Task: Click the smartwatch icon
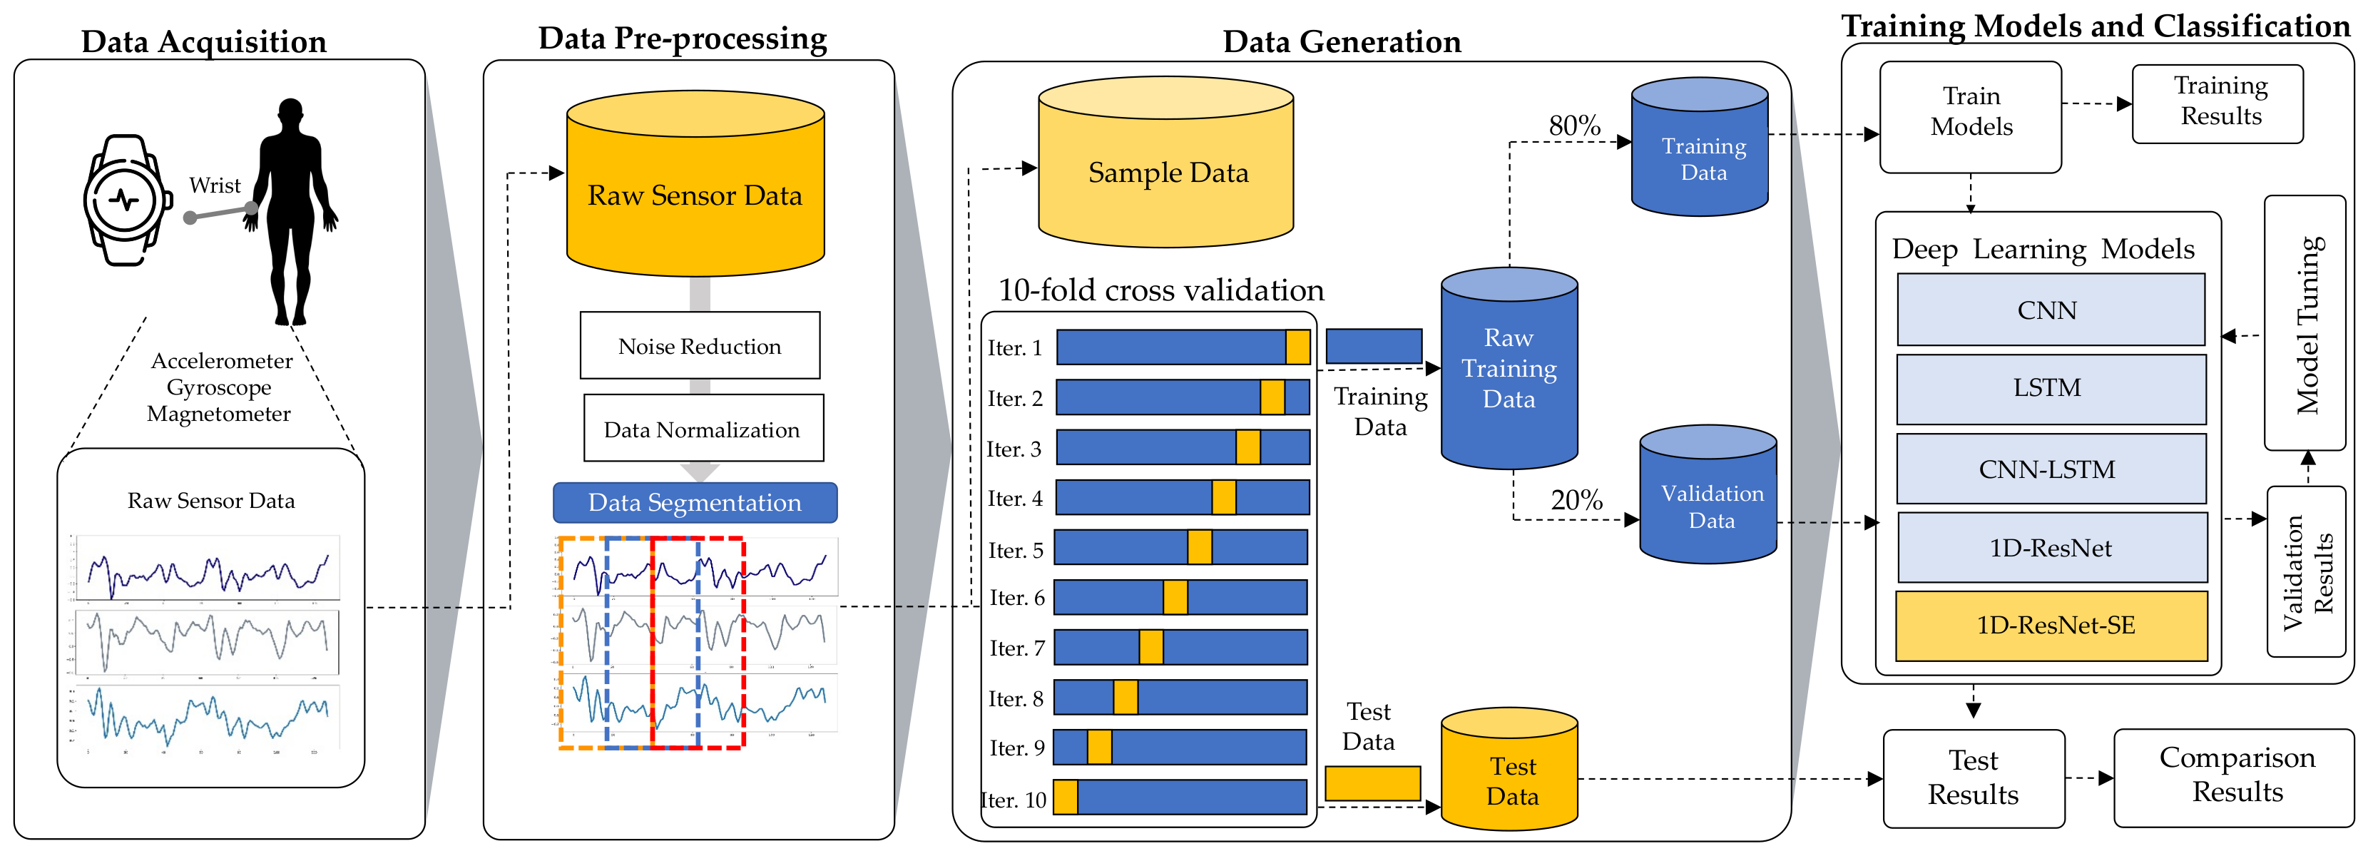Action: [127, 200]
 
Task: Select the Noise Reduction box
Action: [700, 346]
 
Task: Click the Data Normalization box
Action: [703, 429]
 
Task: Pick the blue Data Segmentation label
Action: [695, 503]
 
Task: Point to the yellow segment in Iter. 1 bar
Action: [1297, 347]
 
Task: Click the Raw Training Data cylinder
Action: [1509, 368]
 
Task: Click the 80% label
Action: [1575, 125]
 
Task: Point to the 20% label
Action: [1576, 500]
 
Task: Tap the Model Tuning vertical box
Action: [2305, 324]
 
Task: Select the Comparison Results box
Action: [2237, 775]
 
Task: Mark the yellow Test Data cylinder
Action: [1509, 773]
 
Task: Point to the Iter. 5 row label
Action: [1016, 550]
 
